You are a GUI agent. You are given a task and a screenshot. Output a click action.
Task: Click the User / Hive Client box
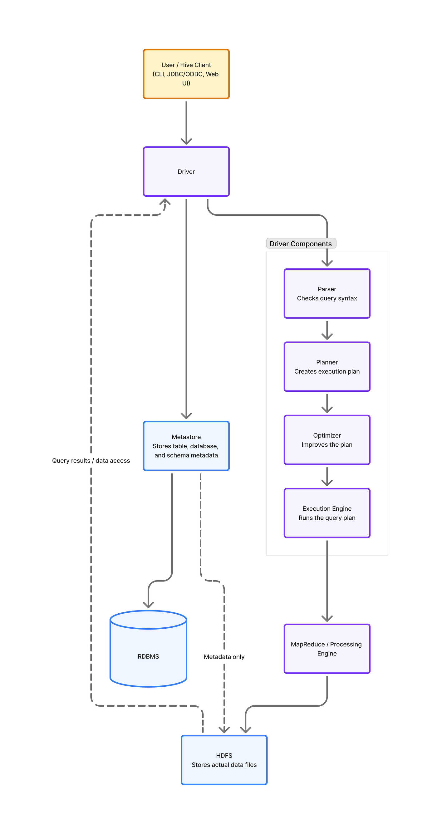[186, 74]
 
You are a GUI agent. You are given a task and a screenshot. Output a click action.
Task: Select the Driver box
[186, 172]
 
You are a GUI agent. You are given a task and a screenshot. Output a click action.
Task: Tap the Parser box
[327, 293]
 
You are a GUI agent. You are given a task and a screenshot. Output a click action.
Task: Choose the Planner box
[327, 366]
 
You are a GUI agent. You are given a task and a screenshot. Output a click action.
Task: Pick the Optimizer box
[327, 440]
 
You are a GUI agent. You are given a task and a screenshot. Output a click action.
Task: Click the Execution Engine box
[327, 513]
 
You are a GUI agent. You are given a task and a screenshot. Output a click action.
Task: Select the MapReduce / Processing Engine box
[327, 649]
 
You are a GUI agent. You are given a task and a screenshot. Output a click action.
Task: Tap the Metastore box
[186, 446]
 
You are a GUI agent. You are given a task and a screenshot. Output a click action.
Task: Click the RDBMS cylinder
[148, 649]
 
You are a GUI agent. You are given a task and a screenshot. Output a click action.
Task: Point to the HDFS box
[224, 760]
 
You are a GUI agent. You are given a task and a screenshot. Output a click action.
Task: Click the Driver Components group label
[301, 243]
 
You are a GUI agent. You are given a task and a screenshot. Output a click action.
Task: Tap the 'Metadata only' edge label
[224, 657]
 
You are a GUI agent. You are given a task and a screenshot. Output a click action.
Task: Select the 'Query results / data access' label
[91, 460]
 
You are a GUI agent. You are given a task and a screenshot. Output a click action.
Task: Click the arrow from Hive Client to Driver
[186, 123]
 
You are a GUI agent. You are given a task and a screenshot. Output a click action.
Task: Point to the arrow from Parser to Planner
[327, 330]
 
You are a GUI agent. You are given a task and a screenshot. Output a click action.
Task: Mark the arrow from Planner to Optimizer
[327, 403]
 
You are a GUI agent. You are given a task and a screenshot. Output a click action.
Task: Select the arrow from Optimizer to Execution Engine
[327, 477]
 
